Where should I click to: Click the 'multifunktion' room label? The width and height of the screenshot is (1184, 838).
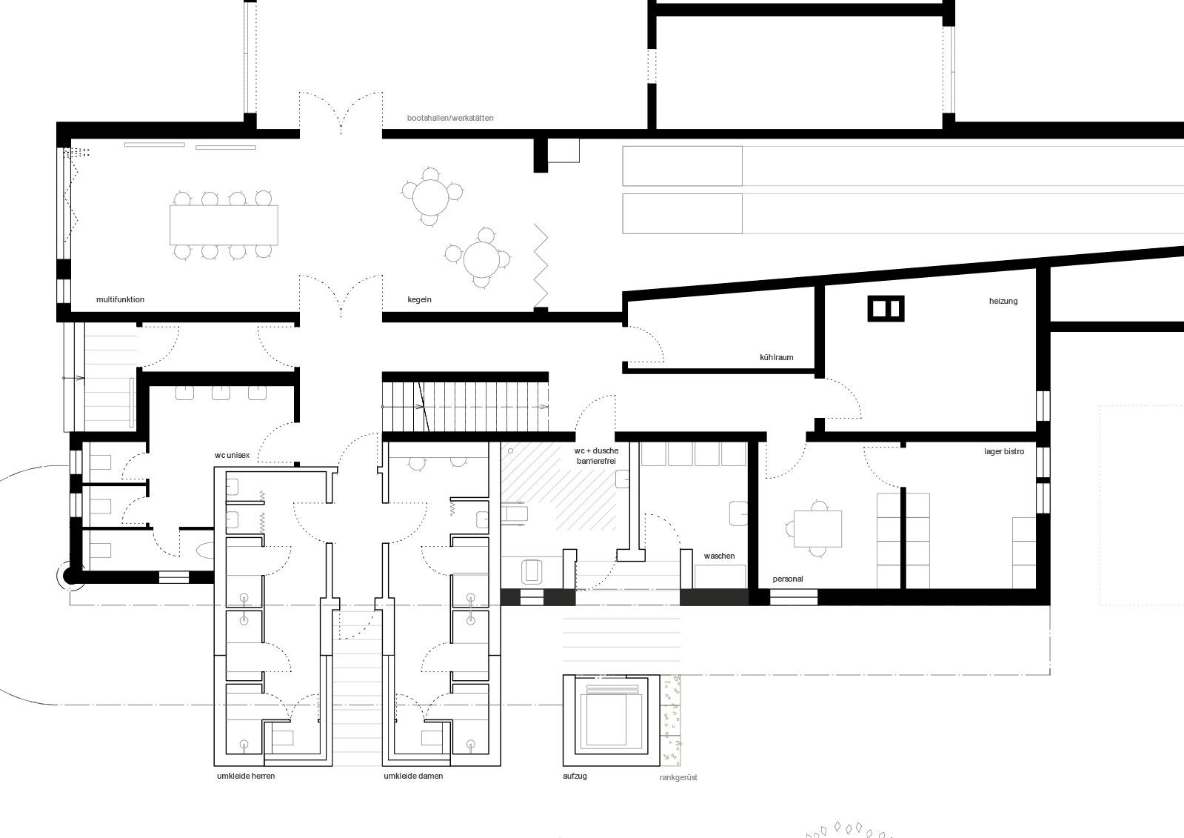pos(120,299)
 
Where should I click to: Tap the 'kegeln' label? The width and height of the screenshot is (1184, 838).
pos(419,299)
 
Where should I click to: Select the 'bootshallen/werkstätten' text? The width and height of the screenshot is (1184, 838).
pos(449,118)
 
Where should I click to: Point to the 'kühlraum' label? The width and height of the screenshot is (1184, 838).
pos(776,357)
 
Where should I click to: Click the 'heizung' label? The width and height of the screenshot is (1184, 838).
pos(1003,301)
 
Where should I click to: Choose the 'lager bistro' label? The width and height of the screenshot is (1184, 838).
pos(1004,451)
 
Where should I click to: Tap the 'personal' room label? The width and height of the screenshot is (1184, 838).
pos(788,579)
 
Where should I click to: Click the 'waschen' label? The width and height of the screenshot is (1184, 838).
pos(719,556)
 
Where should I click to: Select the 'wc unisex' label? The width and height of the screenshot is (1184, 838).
pos(232,455)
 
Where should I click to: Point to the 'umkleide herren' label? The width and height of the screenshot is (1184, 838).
pos(246,776)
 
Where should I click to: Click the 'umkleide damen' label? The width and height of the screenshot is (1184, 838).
pos(413,776)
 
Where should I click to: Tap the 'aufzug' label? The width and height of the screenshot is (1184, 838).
pos(575,776)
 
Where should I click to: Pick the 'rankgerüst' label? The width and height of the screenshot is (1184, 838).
pos(678,778)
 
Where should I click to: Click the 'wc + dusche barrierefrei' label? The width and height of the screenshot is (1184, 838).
pos(596,456)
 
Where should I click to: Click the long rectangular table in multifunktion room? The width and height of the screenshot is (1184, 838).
pos(224,225)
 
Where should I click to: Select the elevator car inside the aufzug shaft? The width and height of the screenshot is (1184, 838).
pos(611,719)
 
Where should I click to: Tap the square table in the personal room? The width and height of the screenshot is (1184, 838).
pos(817,528)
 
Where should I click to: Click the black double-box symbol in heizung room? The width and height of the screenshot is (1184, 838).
pos(886,308)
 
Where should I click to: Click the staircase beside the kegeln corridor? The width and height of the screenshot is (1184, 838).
pos(465,407)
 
